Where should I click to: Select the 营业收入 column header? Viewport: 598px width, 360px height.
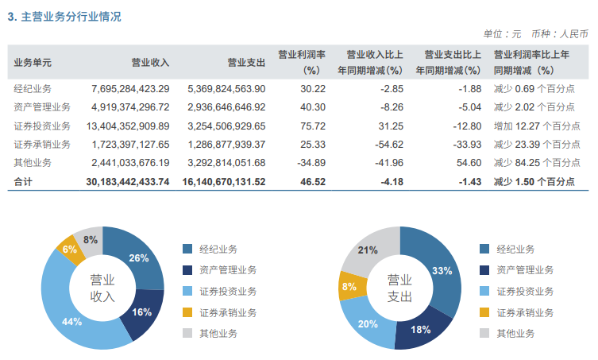tap(150, 62)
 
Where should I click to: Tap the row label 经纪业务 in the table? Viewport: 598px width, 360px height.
tap(33, 88)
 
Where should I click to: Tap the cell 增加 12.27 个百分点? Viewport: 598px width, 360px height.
tap(537, 126)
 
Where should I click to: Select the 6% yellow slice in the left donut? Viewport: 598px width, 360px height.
tap(70, 250)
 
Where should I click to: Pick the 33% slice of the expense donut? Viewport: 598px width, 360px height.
tap(442, 270)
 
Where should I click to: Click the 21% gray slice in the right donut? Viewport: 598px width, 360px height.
tap(368, 250)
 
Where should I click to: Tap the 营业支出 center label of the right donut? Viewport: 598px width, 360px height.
tap(399, 288)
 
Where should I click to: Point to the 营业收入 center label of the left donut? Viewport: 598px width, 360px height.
tap(102, 288)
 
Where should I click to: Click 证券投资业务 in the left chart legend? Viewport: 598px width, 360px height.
tap(228, 292)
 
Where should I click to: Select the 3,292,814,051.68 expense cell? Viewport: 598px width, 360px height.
tap(226, 163)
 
